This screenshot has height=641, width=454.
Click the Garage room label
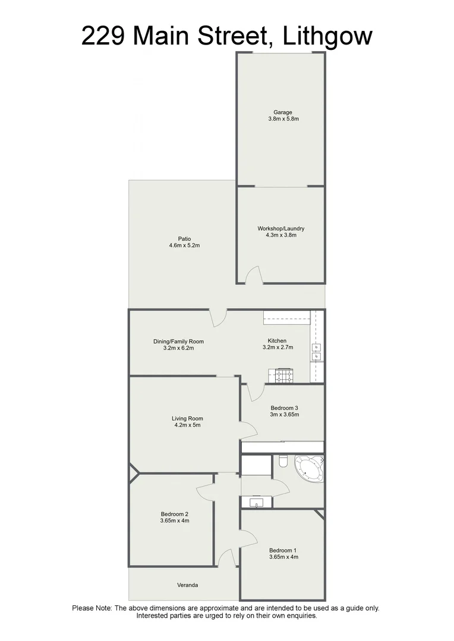tap(282, 112)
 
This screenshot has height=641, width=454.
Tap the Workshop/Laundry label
tap(281, 229)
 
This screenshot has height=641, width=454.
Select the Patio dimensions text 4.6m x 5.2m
tap(184, 246)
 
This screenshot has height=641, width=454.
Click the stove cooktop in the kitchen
tap(281, 375)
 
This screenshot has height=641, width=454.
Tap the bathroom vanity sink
tap(257, 503)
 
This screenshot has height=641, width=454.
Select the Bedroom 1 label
tap(283, 550)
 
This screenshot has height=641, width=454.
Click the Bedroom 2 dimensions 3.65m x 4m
tap(174, 521)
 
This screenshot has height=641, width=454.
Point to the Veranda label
tap(187, 585)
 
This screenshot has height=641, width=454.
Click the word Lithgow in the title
tap(327, 36)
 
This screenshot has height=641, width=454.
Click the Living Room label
tap(187, 418)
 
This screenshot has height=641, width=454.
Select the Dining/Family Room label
tap(178, 341)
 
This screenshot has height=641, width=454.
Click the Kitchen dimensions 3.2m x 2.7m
tap(278, 348)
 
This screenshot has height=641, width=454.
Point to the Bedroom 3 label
tap(284, 408)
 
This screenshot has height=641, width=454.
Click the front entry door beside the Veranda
tap(225, 558)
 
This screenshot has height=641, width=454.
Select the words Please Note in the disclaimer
tap(92, 608)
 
